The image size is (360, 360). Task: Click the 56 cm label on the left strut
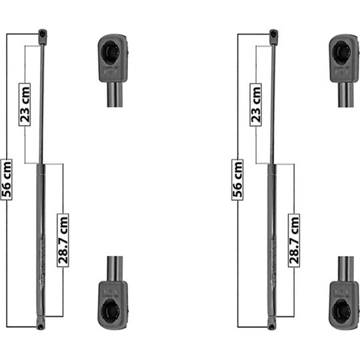7,177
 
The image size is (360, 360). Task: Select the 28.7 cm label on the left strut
62,239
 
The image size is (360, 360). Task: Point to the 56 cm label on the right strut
238,177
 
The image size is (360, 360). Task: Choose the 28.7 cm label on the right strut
293,239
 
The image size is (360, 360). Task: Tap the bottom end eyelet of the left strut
41,325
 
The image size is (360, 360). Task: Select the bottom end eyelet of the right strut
271,325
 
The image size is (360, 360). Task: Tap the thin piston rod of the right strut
273,100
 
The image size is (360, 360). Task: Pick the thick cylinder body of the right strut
271,240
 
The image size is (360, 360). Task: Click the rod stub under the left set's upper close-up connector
113,93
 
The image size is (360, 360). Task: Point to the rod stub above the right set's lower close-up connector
344,268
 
